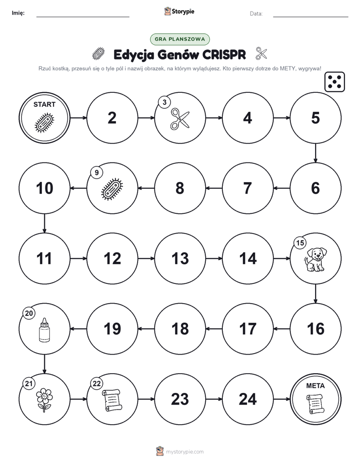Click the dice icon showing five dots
pos(334,82)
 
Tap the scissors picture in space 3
pos(180,119)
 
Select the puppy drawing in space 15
pos(316,259)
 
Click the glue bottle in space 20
pos(44,330)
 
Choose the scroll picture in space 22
pos(112,400)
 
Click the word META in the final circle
pos(315,386)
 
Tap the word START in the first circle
pos(44,104)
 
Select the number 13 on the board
pos(180,258)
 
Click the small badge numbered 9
pos(96,172)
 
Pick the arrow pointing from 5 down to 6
pos(316,153)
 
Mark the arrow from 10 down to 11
pos(44,223)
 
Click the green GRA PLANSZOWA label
pos(180,39)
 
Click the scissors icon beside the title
pos(261,53)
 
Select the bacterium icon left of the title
pos(99,54)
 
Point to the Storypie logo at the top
pos(179,11)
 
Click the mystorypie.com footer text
pos(185,452)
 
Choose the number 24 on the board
pos(248,399)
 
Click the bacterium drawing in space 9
pos(112,189)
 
